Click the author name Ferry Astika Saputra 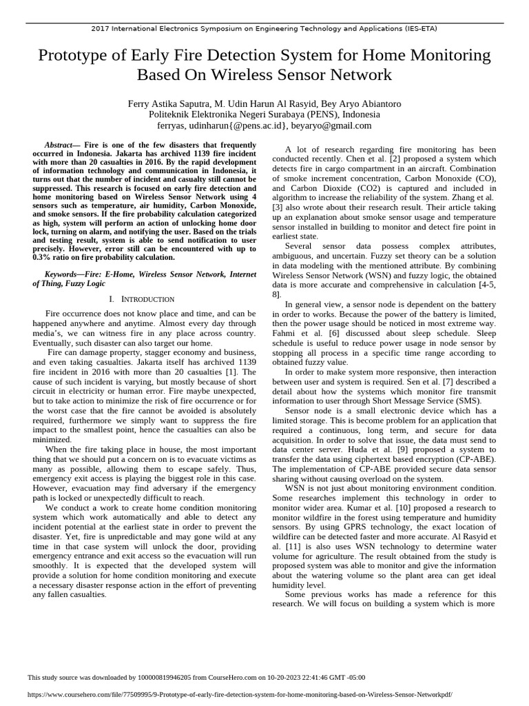tap(166, 103)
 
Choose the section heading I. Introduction tap(142, 299)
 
